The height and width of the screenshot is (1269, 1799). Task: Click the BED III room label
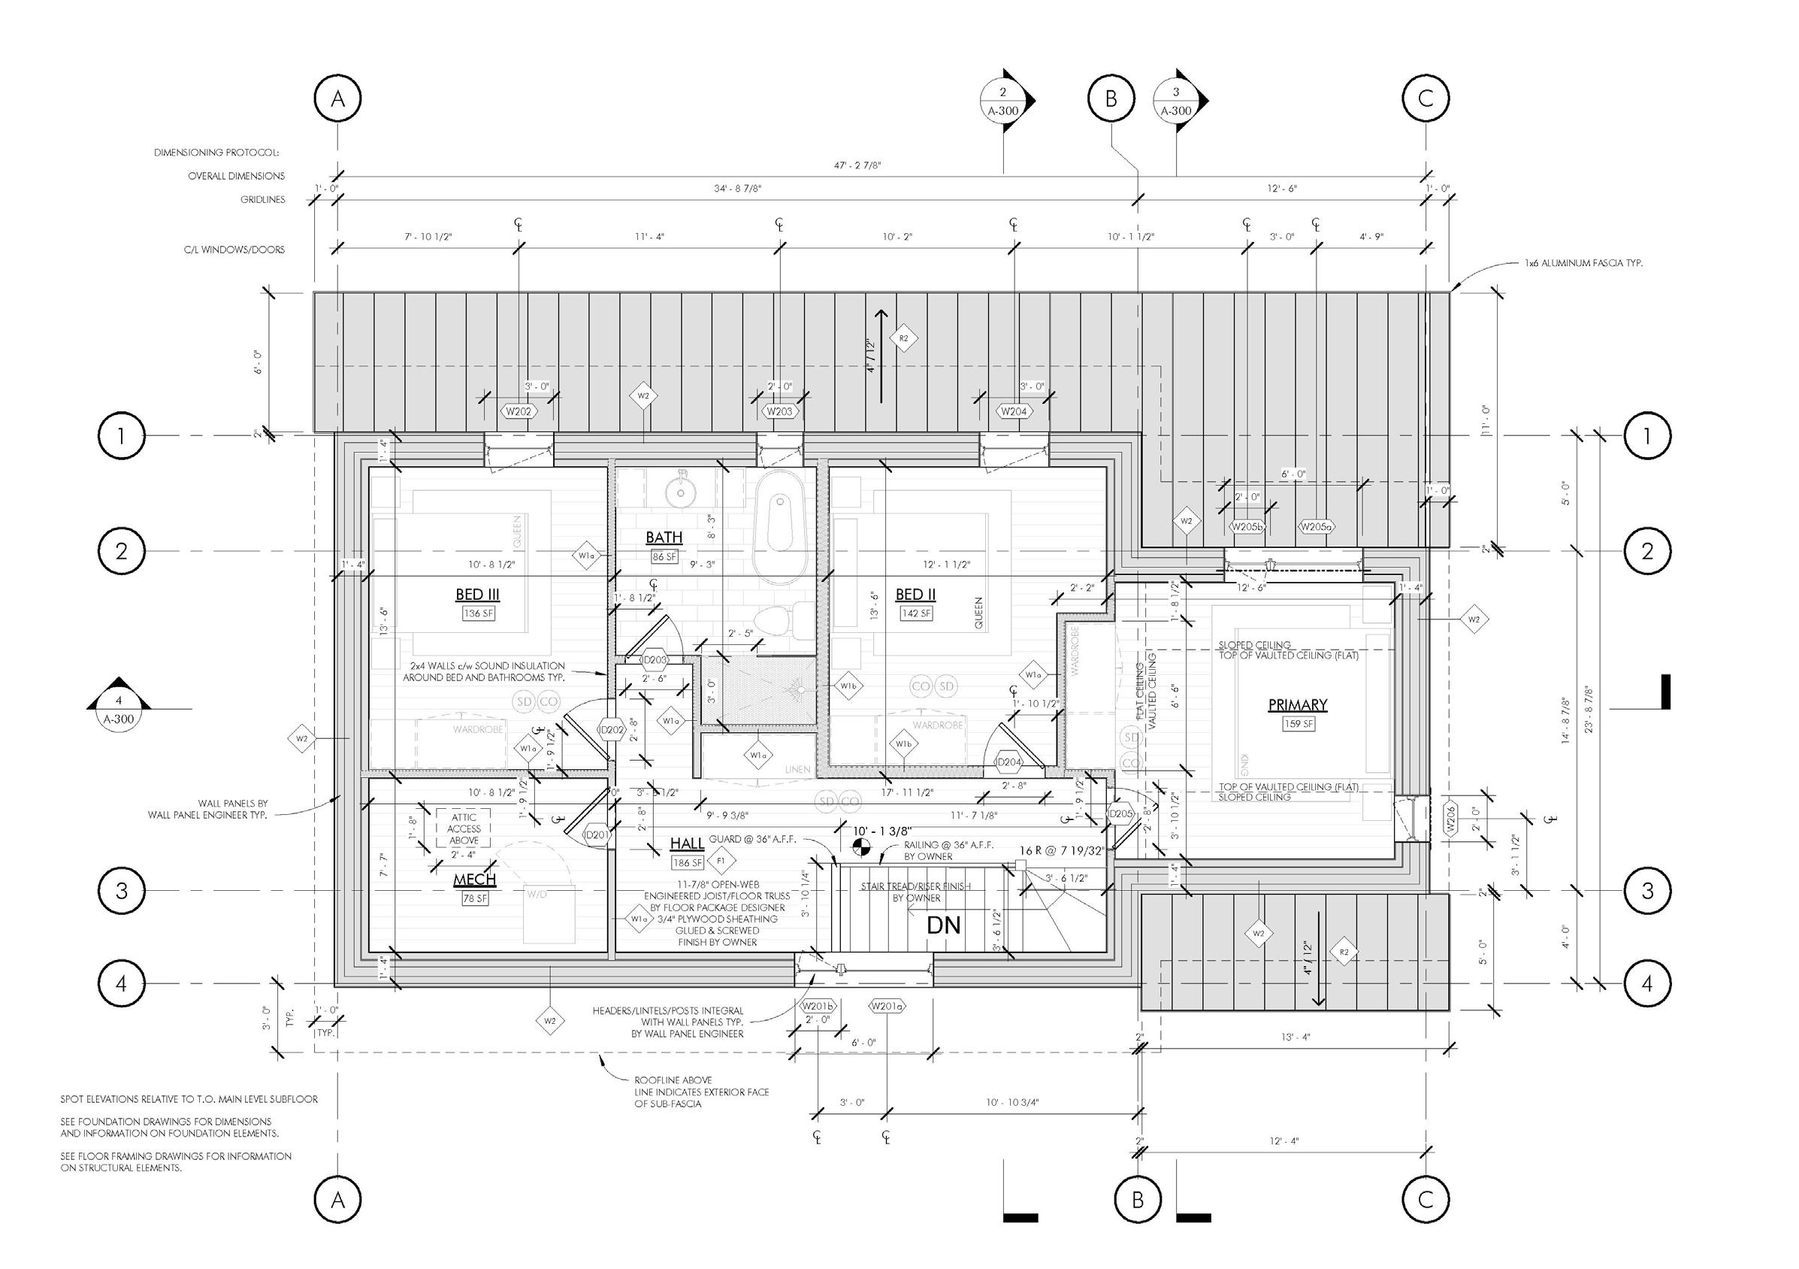click(477, 595)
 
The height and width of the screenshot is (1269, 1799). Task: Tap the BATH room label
click(664, 538)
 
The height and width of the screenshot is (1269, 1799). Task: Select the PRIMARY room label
click(1298, 705)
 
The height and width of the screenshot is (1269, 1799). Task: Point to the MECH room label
click(475, 881)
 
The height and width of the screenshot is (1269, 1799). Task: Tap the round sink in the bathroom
click(681, 492)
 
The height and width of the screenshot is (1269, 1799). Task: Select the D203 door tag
click(655, 660)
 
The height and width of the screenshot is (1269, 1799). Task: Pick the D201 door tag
click(597, 835)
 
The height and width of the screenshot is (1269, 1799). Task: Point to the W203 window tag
click(779, 411)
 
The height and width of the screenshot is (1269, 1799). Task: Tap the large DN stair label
click(943, 925)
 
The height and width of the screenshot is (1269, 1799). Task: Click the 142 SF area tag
click(916, 613)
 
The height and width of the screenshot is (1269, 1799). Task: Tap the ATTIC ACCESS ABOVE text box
click(464, 828)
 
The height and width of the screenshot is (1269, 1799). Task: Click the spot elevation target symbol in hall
click(860, 847)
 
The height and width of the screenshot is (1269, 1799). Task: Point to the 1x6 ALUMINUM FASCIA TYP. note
click(1583, 263)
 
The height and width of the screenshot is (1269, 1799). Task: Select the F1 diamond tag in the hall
click(720, 861)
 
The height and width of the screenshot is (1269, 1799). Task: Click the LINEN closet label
click(797, 770)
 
